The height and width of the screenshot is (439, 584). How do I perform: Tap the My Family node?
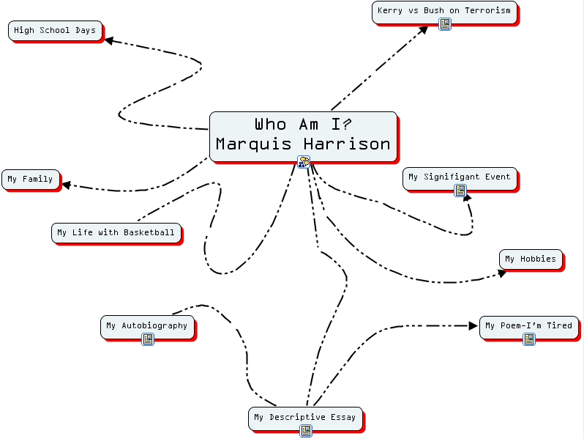coord(30,180)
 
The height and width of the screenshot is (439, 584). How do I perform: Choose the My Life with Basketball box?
coord(116,233)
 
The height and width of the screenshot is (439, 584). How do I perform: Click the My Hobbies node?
coord(530,259)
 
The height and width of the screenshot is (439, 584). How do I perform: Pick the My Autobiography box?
coord(146,326)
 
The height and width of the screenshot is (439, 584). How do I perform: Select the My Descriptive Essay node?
coord(304,418)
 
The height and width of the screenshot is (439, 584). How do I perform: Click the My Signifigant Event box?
coord(459,177)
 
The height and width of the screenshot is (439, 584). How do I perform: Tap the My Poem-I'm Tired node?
coord(528,326)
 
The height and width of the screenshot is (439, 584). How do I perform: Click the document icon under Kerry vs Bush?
coord(445,24)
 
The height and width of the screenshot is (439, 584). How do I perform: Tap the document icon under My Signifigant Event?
coord(460,191)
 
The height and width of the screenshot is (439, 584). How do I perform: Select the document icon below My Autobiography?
coord(148,339)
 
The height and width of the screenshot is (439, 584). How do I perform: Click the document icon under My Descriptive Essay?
coord(306,431)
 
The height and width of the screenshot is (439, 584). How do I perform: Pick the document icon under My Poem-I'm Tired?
coord(529,339)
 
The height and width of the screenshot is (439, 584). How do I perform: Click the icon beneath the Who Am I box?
coord(304,162)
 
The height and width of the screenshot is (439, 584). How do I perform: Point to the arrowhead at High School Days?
coord(108,41)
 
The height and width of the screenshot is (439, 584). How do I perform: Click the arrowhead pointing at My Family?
coord(66,185)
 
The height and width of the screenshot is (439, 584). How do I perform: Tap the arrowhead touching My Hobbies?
coord(502,273)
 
